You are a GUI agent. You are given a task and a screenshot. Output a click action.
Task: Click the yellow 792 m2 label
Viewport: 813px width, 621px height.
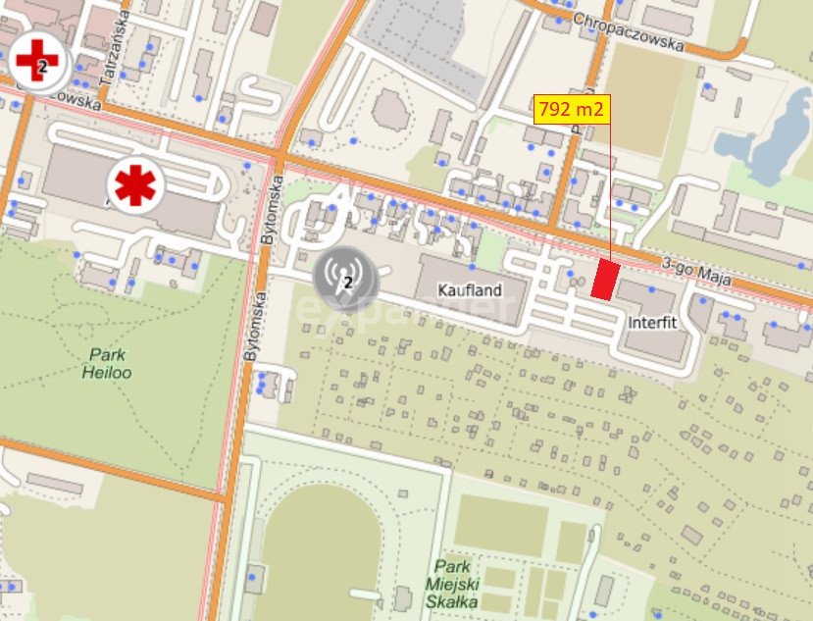pyautogui.click(x=572, y=108)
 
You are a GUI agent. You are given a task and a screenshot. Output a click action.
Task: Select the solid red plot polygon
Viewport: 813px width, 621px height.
pyautogui.click(x=605, y=281)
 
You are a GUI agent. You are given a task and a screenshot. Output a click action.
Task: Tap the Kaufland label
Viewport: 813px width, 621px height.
pyautogui.click(x=470, y=290)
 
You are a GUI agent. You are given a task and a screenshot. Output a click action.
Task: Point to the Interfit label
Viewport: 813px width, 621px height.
pyautogui.click(x=653, y=322)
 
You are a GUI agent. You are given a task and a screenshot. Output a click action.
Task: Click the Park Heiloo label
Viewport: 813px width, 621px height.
pyautogui.click(x=108, y=364)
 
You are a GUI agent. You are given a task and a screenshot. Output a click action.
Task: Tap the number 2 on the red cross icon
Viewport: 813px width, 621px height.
pyautogui.click(x=41, y=67)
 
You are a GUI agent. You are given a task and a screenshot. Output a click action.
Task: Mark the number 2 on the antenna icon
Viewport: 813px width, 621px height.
pyautogui.click(x=347, y=283)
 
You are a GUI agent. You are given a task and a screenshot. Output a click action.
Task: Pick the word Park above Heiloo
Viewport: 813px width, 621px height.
pyautogui.click(x=107, y=355)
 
